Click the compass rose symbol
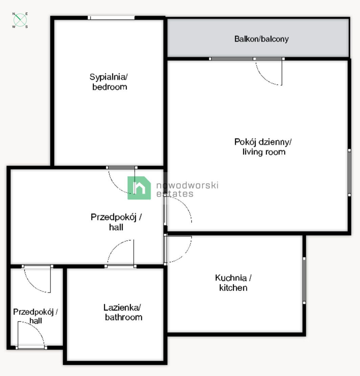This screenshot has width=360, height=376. coord(20,20)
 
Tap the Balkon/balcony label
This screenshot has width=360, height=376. coord(261,39)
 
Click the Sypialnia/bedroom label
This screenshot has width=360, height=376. coord(109,82)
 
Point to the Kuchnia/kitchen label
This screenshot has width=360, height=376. coord(233,283)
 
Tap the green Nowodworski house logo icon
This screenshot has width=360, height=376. coord(139,188)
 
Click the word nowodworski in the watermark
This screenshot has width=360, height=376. coord(187,185)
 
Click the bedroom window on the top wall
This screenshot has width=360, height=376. coord(111,18)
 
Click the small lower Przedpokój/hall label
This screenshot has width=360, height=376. coord(36,316)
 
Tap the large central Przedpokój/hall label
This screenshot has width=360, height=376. coord(116,222)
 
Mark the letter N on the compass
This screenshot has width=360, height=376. coord(14,14)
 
